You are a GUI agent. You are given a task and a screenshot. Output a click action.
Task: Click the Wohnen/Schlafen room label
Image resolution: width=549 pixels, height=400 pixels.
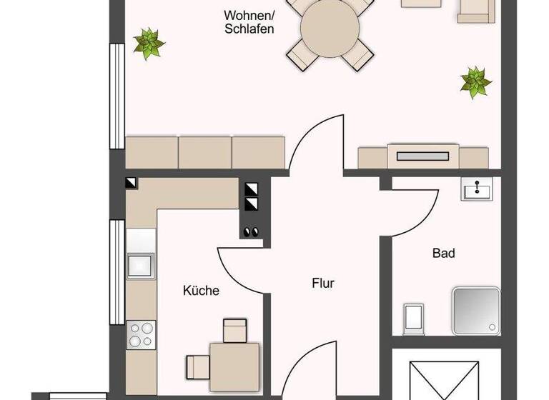point(249,21)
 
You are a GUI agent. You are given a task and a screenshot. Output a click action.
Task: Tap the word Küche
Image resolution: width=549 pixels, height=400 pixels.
point(201,291)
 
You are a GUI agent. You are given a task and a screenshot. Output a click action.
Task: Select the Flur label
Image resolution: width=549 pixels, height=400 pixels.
point(323,283)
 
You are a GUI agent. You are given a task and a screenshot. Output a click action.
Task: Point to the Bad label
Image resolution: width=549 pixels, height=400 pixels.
point(443,253)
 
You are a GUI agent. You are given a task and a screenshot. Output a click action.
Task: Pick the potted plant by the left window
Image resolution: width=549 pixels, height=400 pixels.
point(149,44)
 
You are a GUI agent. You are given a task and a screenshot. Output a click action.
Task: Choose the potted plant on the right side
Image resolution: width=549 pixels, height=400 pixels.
point(475,81)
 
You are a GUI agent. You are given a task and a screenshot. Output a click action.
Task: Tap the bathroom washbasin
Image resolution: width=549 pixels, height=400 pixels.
point(475,190)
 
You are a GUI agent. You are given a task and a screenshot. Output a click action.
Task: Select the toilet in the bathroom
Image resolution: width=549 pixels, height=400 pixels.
point(414,318)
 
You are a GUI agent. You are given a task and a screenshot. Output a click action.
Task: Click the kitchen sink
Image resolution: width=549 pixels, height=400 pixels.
point(140,264)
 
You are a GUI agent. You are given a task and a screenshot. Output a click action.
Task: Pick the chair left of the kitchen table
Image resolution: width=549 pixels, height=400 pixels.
point(197,366)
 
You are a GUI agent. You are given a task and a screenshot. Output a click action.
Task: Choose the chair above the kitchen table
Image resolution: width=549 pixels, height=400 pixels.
point(234,330)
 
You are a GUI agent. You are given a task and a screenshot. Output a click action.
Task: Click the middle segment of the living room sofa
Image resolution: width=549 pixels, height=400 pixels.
point(206,152)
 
